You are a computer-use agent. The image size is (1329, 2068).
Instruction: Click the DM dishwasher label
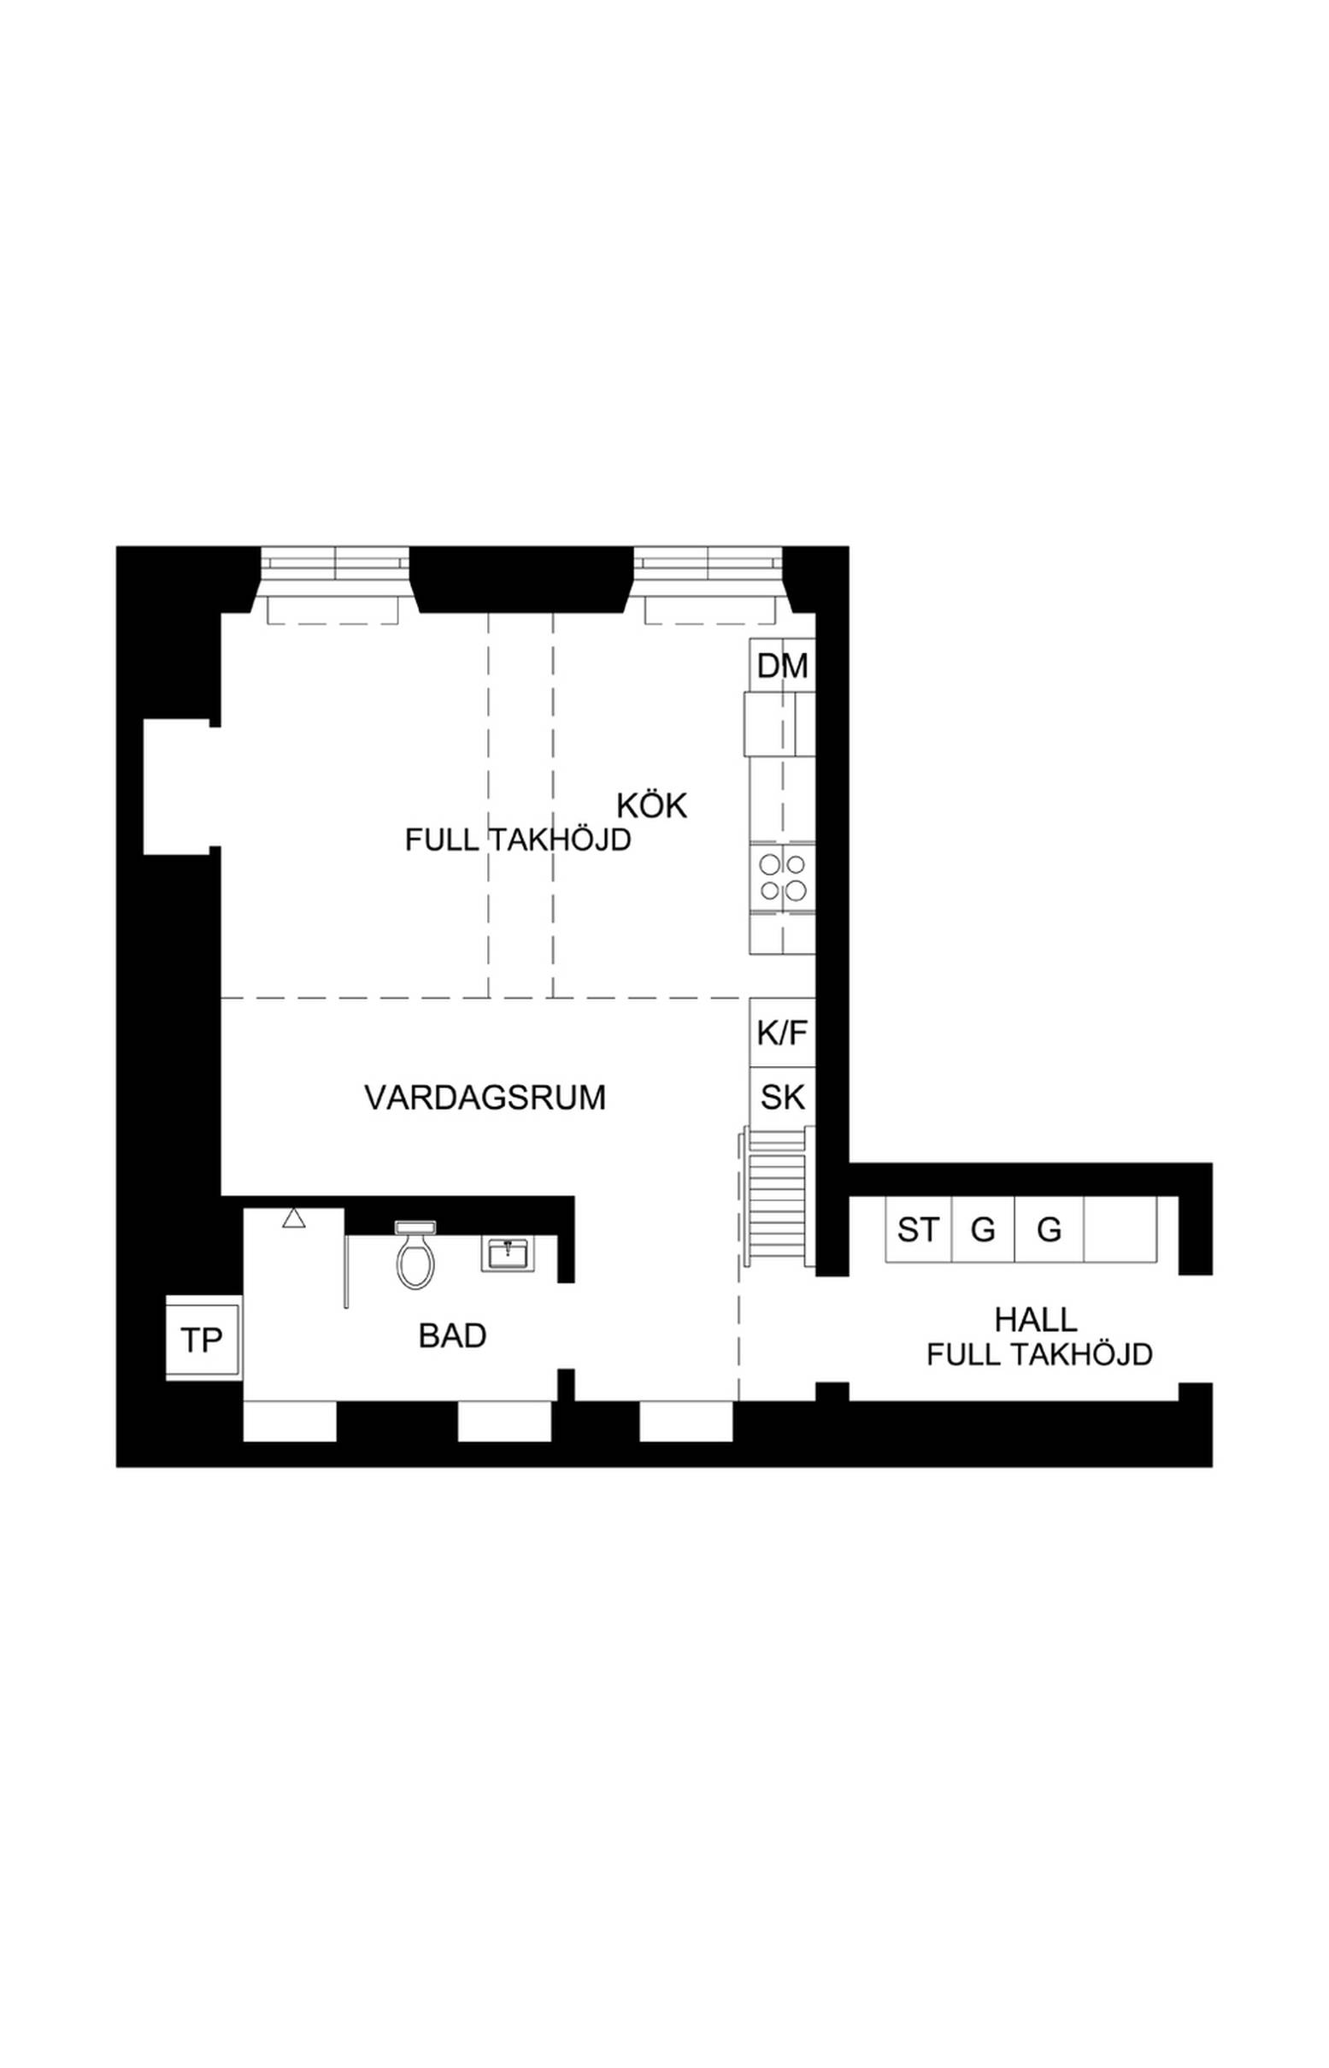pyautogui.click(x=782, y=666)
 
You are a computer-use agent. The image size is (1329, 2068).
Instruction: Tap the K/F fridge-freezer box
pyautogui.click(x=782, y=1033)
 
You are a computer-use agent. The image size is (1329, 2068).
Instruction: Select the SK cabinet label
pyautogui.click(x=782, y=1098)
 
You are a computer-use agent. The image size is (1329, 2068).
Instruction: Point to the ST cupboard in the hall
pyautogui.click(x=918, y=1230)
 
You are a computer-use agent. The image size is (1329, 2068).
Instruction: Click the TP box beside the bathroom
pyautogui.click(x=202, y=1340)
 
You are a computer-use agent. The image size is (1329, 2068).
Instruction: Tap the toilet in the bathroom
pyautogui.click(x=415, y=1256)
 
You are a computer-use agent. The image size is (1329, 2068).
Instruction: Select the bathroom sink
pyautogui.click(x=509, y=1254)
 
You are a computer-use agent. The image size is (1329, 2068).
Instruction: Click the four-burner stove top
pyautogui.click(x=782, y=877)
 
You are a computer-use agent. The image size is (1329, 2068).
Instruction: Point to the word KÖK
pyautogui.click(x=651, y=806)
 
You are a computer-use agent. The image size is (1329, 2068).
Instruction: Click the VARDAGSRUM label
pyautogui.click(x=485, y=1098)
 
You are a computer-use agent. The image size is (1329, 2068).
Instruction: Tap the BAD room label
pyautogui.click(x=452, y=1336)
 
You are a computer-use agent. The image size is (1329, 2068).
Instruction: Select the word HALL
pyautogui.click(x=1036, y=1320)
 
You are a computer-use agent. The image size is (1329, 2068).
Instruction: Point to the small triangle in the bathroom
pyautogui.click(x=293, y=1218)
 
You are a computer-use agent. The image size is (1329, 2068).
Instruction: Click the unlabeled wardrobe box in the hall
pyautogui.click(x=1120, y=1230)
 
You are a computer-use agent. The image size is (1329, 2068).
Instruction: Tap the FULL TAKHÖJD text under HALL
pyautogui.click(x=1040, y=1355)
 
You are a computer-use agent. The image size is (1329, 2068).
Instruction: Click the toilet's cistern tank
pyautogui.click(x=415, y=1227)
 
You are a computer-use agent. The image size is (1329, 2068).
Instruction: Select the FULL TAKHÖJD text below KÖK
pyautogui.click(x=518, y=840)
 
